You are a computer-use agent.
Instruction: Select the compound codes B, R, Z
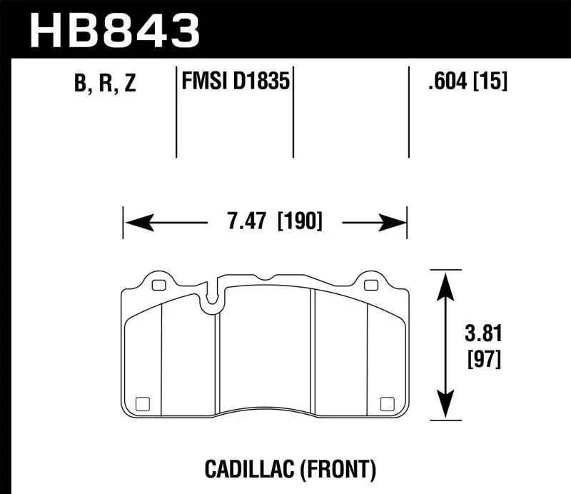(x=103, y=85)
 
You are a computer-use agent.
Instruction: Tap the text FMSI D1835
(x=235, y=83)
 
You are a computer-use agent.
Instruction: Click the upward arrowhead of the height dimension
(x=445, y=282)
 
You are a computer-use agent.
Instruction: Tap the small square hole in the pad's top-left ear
(x=158, y=286)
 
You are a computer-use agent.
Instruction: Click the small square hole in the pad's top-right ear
(x=370, y=286)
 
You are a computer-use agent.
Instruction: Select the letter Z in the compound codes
(x=129, y=85)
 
